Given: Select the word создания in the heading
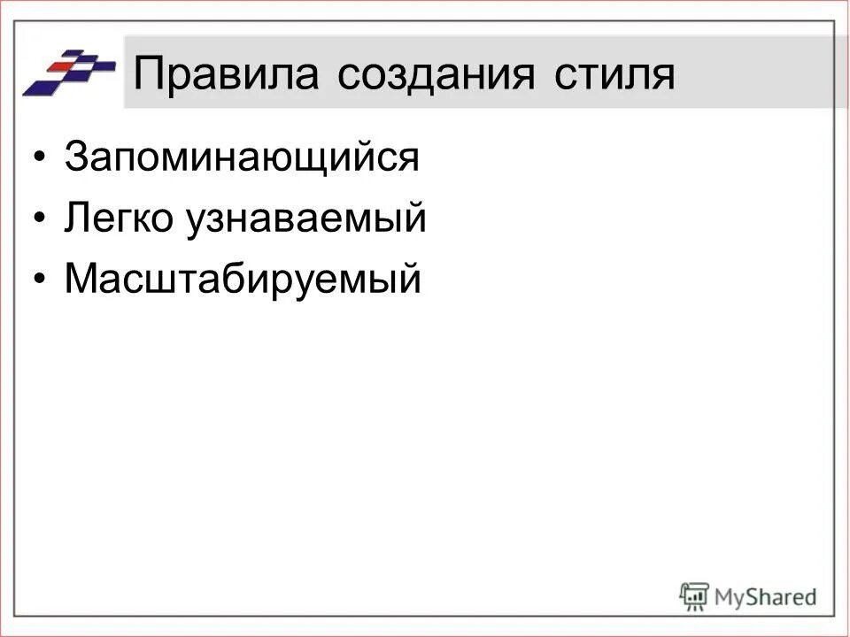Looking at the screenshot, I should click(x=436, y=74).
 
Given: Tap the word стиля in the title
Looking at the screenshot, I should click(x=614, y=74).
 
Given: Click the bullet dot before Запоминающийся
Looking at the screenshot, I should click(x=38, y=158).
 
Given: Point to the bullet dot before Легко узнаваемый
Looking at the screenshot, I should click(x=38, y=219).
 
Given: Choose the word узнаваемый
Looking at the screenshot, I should click(x=305, y=219).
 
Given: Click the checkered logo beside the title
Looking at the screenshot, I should click(x=69, y=73).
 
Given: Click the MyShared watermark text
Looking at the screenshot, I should click(x=765, y=596).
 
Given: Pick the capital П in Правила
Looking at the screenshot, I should click(x=148, y=74).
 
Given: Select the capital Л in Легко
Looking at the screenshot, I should click(x=77, y=219).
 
